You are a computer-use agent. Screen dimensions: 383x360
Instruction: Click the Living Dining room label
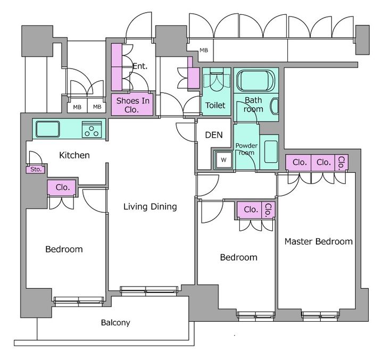tap(150, 207)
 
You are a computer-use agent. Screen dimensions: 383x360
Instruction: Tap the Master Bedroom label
tap(319, 241)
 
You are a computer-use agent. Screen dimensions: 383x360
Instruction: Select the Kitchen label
tap(74, 155)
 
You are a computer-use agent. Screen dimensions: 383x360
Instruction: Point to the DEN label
tap(214, 135)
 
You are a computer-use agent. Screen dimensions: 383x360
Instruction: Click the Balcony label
tap(115, 323)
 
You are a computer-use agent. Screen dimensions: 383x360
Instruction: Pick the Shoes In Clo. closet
tap(132, 105)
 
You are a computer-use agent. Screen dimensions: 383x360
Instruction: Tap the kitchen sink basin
tap(48, 129)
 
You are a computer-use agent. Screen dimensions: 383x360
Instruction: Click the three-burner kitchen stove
tap(92, 129)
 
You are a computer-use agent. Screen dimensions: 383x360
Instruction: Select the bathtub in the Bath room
tap(256, 80)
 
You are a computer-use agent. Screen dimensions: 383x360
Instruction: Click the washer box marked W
tap(223, 160)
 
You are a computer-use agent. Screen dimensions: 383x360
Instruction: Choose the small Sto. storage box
tap(36, 170)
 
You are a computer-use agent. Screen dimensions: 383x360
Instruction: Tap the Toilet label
tap(215, 105)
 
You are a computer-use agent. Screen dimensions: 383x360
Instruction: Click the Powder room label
tap(246, 149)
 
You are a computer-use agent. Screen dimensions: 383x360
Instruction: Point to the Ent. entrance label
tap(140, 66)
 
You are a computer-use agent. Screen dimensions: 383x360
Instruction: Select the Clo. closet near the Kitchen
tap(63, 188)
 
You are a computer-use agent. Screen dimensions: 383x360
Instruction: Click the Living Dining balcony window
tap(149, 290)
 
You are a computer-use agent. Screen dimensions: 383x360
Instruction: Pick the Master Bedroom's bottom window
tap(320, 316)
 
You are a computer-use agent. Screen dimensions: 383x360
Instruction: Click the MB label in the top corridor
tap(204, 51)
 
